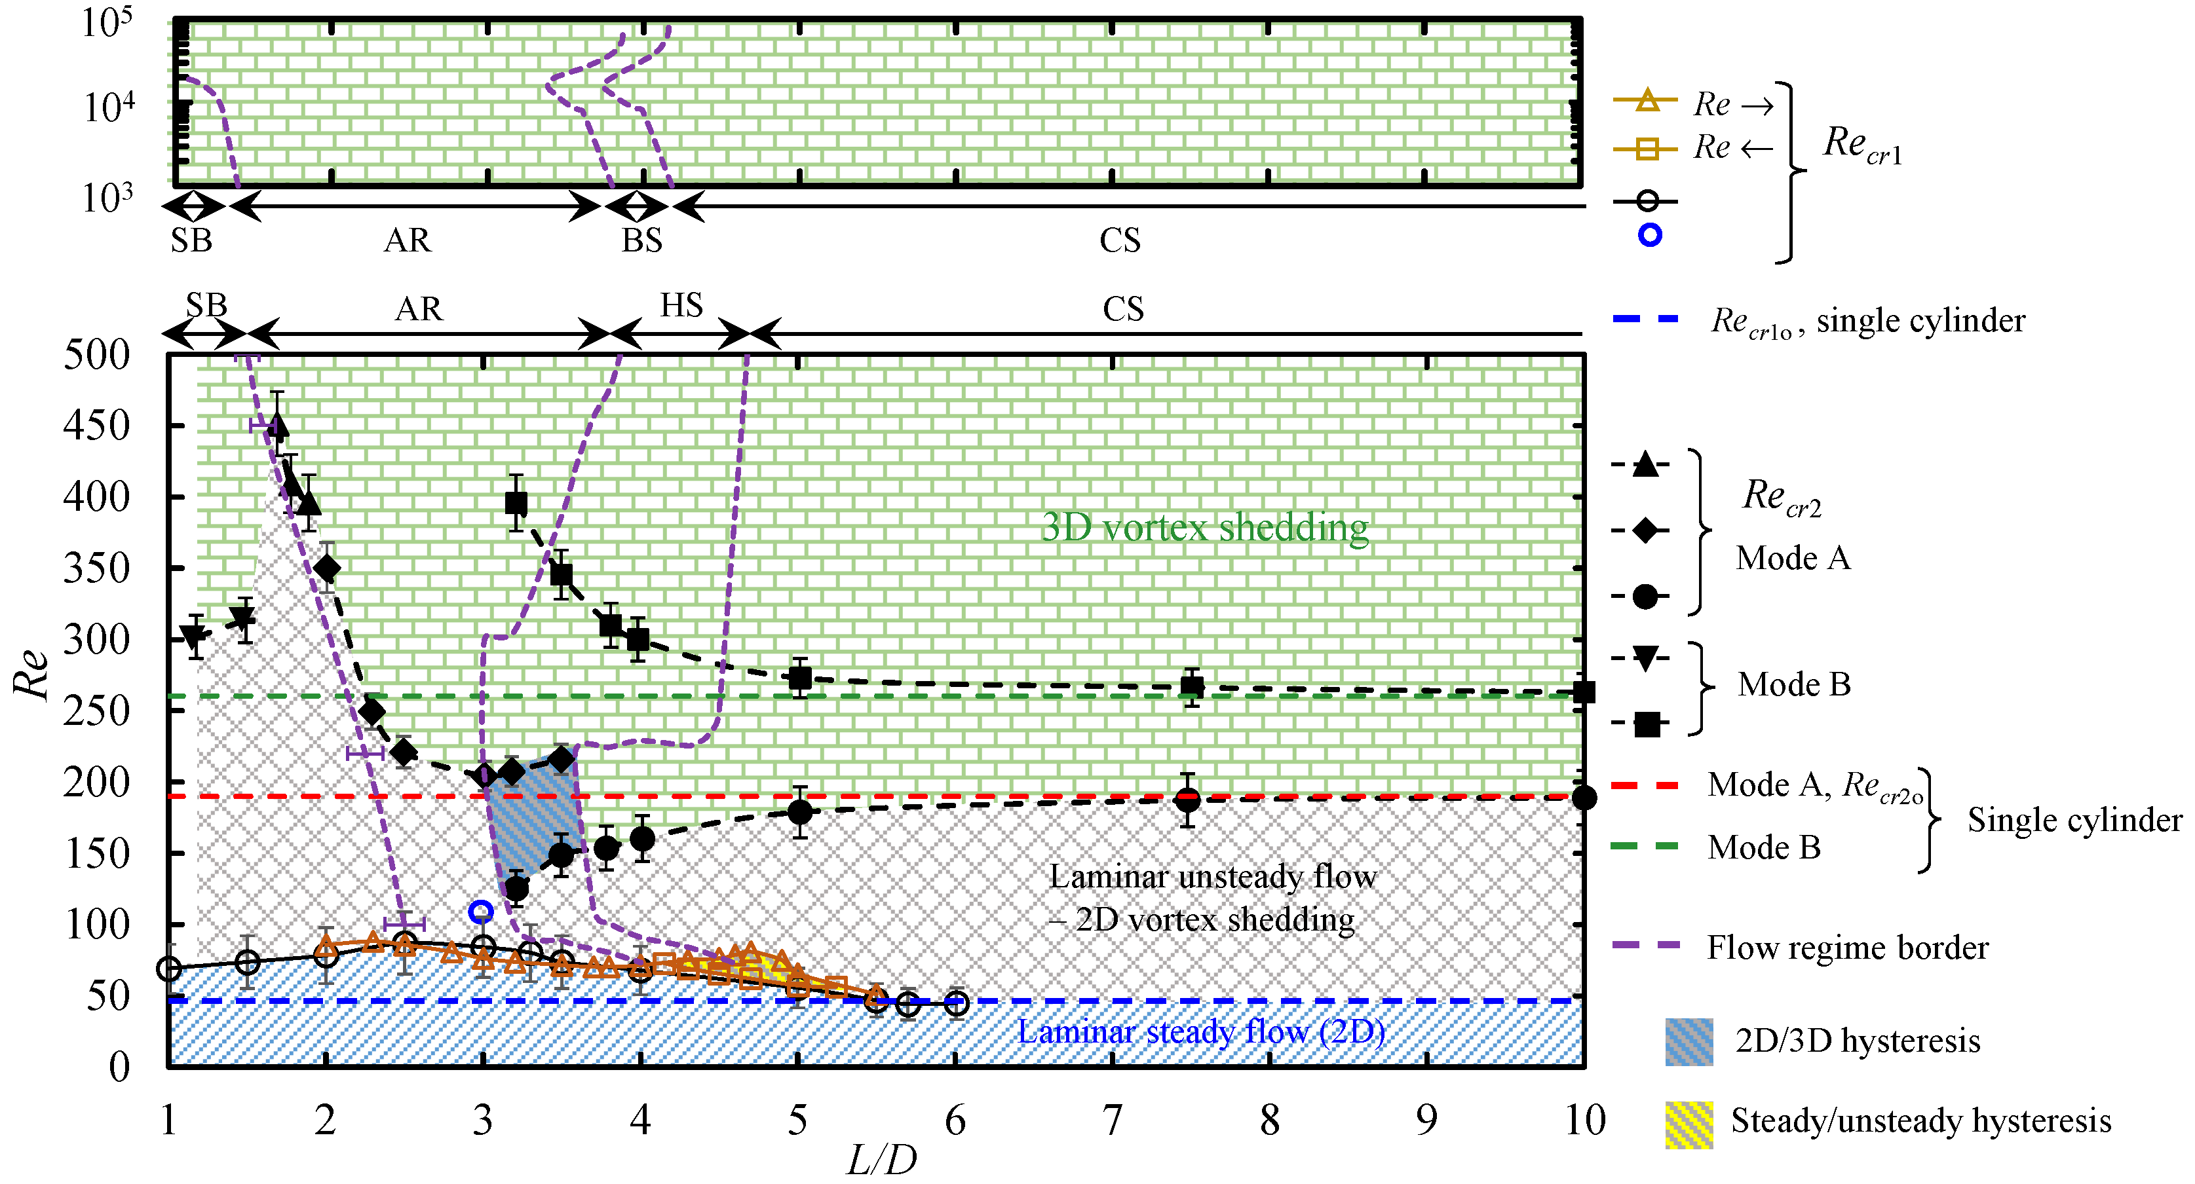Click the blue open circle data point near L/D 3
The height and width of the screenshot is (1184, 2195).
tap(482, 912)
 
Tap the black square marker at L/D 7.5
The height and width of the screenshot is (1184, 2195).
tap(1192, 686)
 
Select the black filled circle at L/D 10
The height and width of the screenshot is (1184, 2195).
tap(1584, 798)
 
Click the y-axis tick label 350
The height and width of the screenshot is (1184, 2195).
tap(96, 568)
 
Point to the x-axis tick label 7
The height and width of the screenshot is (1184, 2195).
tap(1112, 1120)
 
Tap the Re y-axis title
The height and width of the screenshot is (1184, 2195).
tap(32, 673)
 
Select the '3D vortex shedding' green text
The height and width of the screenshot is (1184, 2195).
tap(1205, 527)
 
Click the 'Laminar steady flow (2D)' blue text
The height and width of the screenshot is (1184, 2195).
tap(1202, 1031)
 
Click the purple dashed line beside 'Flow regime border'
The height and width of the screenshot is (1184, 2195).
tap(1646, 946)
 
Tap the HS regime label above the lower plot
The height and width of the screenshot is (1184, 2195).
tap(681, 305)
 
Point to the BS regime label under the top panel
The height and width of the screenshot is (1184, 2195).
tap(641, 241)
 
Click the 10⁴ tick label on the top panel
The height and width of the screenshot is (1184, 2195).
tap(108, 107)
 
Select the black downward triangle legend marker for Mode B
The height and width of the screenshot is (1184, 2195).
tap(1646, 657)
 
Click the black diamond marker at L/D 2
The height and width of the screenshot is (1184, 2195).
tap(326, 568)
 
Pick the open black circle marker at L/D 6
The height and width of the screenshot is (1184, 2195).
tap(956, 1003)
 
